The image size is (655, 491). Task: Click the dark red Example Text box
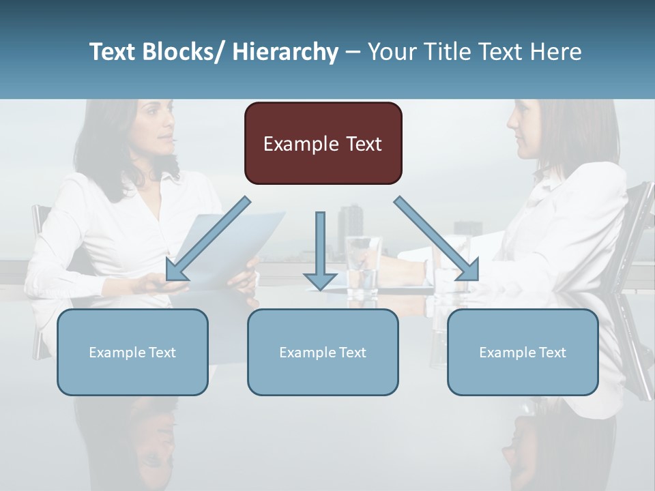323,143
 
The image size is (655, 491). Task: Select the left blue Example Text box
132,352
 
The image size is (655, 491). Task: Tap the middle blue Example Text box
323,352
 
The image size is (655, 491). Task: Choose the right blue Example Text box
523,352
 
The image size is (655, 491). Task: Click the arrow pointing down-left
207,239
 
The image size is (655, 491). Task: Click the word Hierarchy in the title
285,52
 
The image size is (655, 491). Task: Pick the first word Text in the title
113,52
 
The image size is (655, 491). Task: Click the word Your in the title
391,52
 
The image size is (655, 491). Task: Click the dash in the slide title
353,52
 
